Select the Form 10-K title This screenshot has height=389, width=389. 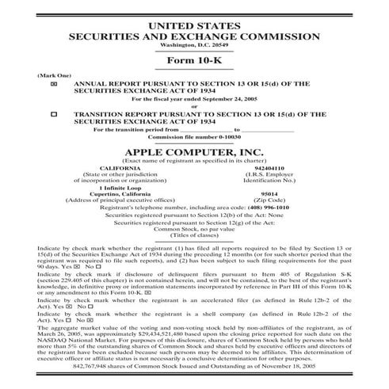[x=194, y=62]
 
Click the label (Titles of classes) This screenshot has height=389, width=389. [x=194, y=235]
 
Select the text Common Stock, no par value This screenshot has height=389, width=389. [x=194, y=229]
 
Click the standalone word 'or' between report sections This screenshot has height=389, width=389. [x=194, y=105]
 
